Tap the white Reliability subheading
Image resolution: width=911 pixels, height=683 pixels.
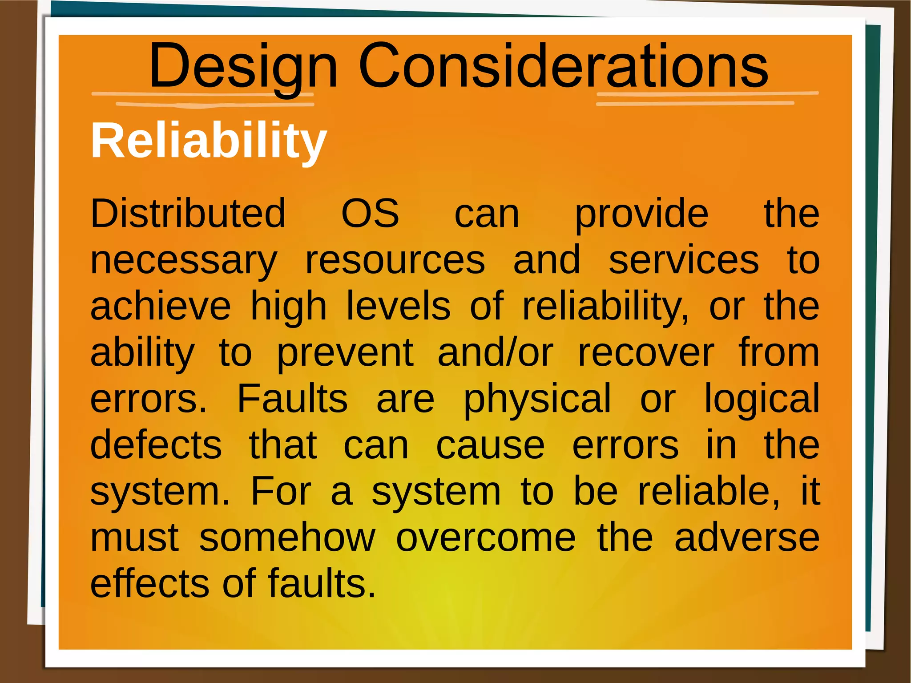(209, 141)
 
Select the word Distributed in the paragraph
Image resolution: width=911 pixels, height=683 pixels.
(188, 214)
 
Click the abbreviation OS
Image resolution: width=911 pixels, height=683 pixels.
(370, 214)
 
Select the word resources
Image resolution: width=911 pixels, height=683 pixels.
(395, 261)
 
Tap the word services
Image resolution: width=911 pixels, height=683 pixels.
(684, 261)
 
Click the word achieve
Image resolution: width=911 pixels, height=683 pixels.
(161, 307)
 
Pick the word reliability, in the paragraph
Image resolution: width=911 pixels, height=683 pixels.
(606, 307)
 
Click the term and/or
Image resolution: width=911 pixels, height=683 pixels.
(496, 353)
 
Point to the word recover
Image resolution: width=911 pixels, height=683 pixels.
(646, 353)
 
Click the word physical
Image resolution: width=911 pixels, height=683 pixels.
(537, 400)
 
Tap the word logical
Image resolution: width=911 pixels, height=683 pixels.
(762, 400)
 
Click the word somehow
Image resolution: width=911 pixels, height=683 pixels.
(287, 538)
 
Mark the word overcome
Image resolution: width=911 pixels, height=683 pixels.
(486, 538)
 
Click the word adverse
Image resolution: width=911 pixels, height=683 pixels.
(747, 538)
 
